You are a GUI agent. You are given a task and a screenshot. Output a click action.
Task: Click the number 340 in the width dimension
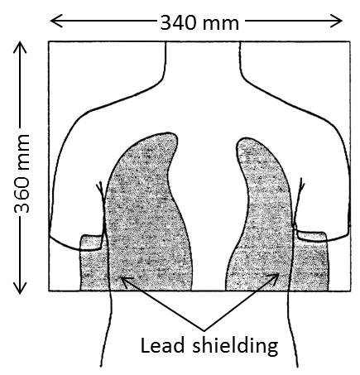(x=179, y=22)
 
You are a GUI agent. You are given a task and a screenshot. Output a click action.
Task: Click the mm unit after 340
(x=221, y=24)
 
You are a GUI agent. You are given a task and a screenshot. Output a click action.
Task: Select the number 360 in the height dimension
(x=22, y=195)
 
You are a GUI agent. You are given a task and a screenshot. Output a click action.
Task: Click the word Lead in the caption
(x=162, y=345)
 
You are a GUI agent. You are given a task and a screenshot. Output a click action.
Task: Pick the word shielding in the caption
(x=235, y=346)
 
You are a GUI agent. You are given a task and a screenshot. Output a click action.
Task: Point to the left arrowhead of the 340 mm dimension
(x=57, y=21)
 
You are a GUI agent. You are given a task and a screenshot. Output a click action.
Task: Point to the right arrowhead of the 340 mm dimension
(x=336, y=21)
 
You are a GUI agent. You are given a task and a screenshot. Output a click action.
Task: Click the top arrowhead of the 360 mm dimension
(x=20, y=47)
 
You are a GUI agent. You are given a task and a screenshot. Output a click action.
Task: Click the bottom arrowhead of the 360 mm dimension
(x=20, y=288)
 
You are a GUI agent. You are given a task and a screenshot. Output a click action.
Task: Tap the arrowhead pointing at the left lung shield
(x=126, y=282)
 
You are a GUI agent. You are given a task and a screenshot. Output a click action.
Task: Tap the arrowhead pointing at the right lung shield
(x=273, y=279)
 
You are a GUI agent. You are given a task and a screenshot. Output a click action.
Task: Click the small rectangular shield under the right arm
(x=310, y=265)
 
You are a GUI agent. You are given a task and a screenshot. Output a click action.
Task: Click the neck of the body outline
(x=203, y=60)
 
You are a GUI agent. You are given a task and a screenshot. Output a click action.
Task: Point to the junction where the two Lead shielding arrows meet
(x=204, y=330)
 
